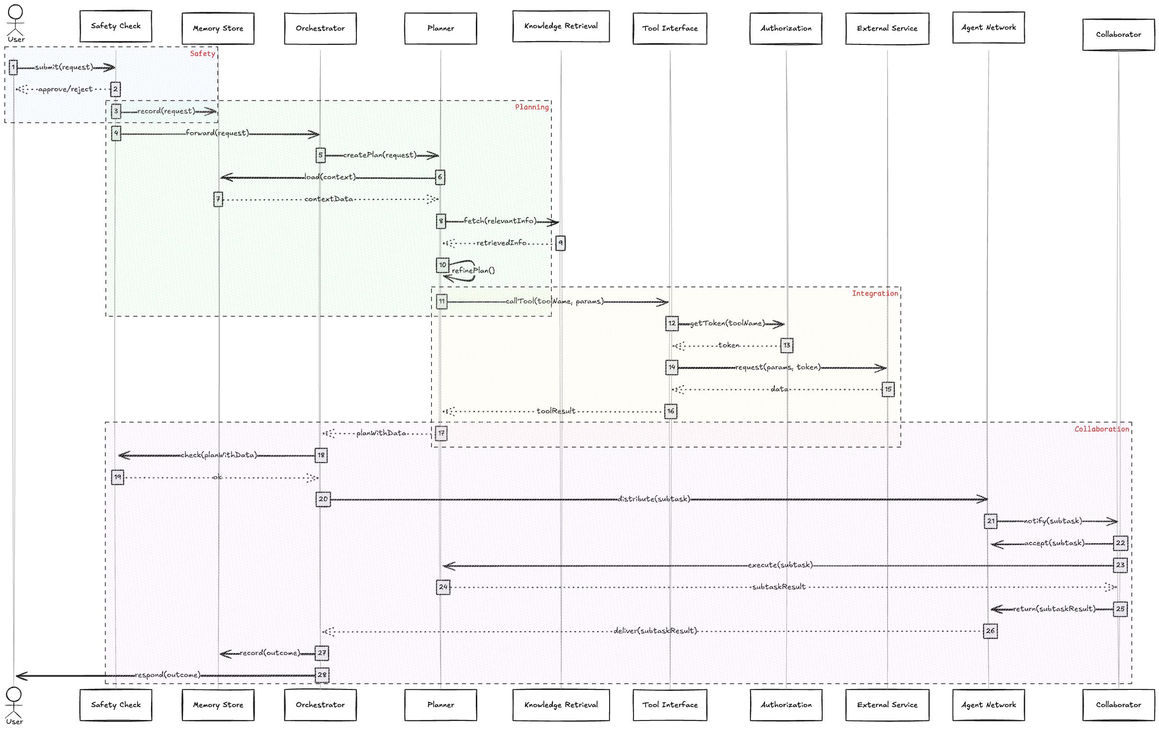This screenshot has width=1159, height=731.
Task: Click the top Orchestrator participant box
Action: (x=320, y=28)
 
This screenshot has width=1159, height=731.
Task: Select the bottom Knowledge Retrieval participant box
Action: (x=561, y=705)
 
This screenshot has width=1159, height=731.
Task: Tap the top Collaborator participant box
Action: (x=1118, y=35)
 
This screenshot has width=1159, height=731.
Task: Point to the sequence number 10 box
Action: (x=442, y=265)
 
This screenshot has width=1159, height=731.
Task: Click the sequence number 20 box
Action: (x=323, y=499)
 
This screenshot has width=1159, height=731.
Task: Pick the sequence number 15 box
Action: (x=888, y=389)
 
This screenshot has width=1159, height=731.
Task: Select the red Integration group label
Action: (x=875, y=293)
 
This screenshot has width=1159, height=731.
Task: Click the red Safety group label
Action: (x=202, y=54)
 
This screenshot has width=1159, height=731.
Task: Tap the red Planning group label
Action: (x=531, y=107)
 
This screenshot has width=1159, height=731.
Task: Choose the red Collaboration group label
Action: (x=1101, y=429)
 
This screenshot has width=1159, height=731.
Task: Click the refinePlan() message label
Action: (x=473, y=270)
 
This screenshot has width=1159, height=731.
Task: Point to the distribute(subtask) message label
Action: (x=654, y=499)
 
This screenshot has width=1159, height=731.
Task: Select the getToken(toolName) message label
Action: (x=727, y=323)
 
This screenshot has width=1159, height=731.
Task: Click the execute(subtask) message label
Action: (x=780, y=565)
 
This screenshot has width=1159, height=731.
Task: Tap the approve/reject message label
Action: (x=65, y=89)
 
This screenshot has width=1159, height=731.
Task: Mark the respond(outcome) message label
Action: (x=168, y=675)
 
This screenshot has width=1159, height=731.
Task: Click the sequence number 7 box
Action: (x=218, y=199)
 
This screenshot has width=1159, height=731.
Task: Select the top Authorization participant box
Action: (x=785, y=28)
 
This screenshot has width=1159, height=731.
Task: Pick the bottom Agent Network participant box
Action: (x=988, y=705)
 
